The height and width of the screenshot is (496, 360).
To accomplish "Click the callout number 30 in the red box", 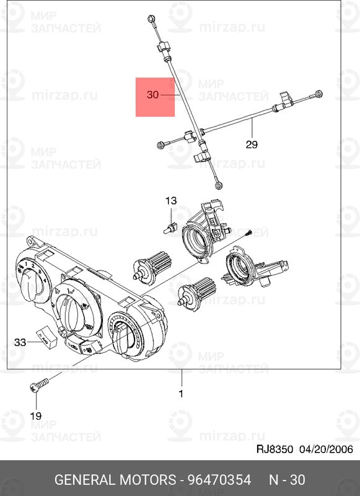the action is [152, 94].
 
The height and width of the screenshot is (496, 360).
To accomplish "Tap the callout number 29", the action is [252, 144].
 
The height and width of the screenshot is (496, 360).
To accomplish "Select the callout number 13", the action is [171, 200].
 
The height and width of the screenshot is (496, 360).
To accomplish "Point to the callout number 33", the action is [20, 342].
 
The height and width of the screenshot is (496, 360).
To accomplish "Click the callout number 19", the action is [36, 416].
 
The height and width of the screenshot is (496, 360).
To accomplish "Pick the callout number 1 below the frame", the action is [181, 394].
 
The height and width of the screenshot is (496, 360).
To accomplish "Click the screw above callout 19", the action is [39, 384].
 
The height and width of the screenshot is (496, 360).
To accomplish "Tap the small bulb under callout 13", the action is [170, 228].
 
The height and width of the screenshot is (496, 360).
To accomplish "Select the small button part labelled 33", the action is [46, 338].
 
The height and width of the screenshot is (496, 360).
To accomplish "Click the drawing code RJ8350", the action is [274, 449].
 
